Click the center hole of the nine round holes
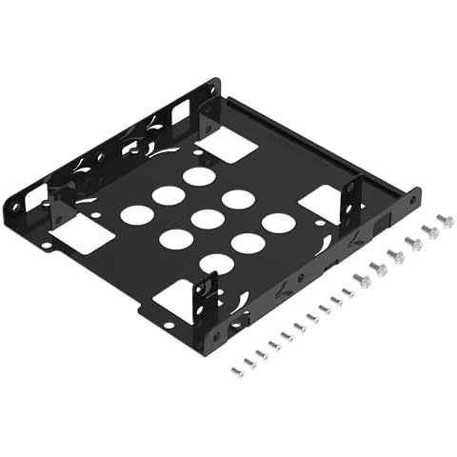click(207, 219)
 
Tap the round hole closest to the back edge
click(198, 176)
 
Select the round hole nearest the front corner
click(216, 264)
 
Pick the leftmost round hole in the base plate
click(136, 214)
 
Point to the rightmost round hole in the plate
click(277, 224)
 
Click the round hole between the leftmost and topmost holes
click(168, 195)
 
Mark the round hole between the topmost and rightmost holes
click(238, 199)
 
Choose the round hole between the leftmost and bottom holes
click(175, 239)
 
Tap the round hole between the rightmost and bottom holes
click(248, 243)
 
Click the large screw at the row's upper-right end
click(445, 221)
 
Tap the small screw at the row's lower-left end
click(237, 370)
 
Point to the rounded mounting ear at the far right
click(412, 199)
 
